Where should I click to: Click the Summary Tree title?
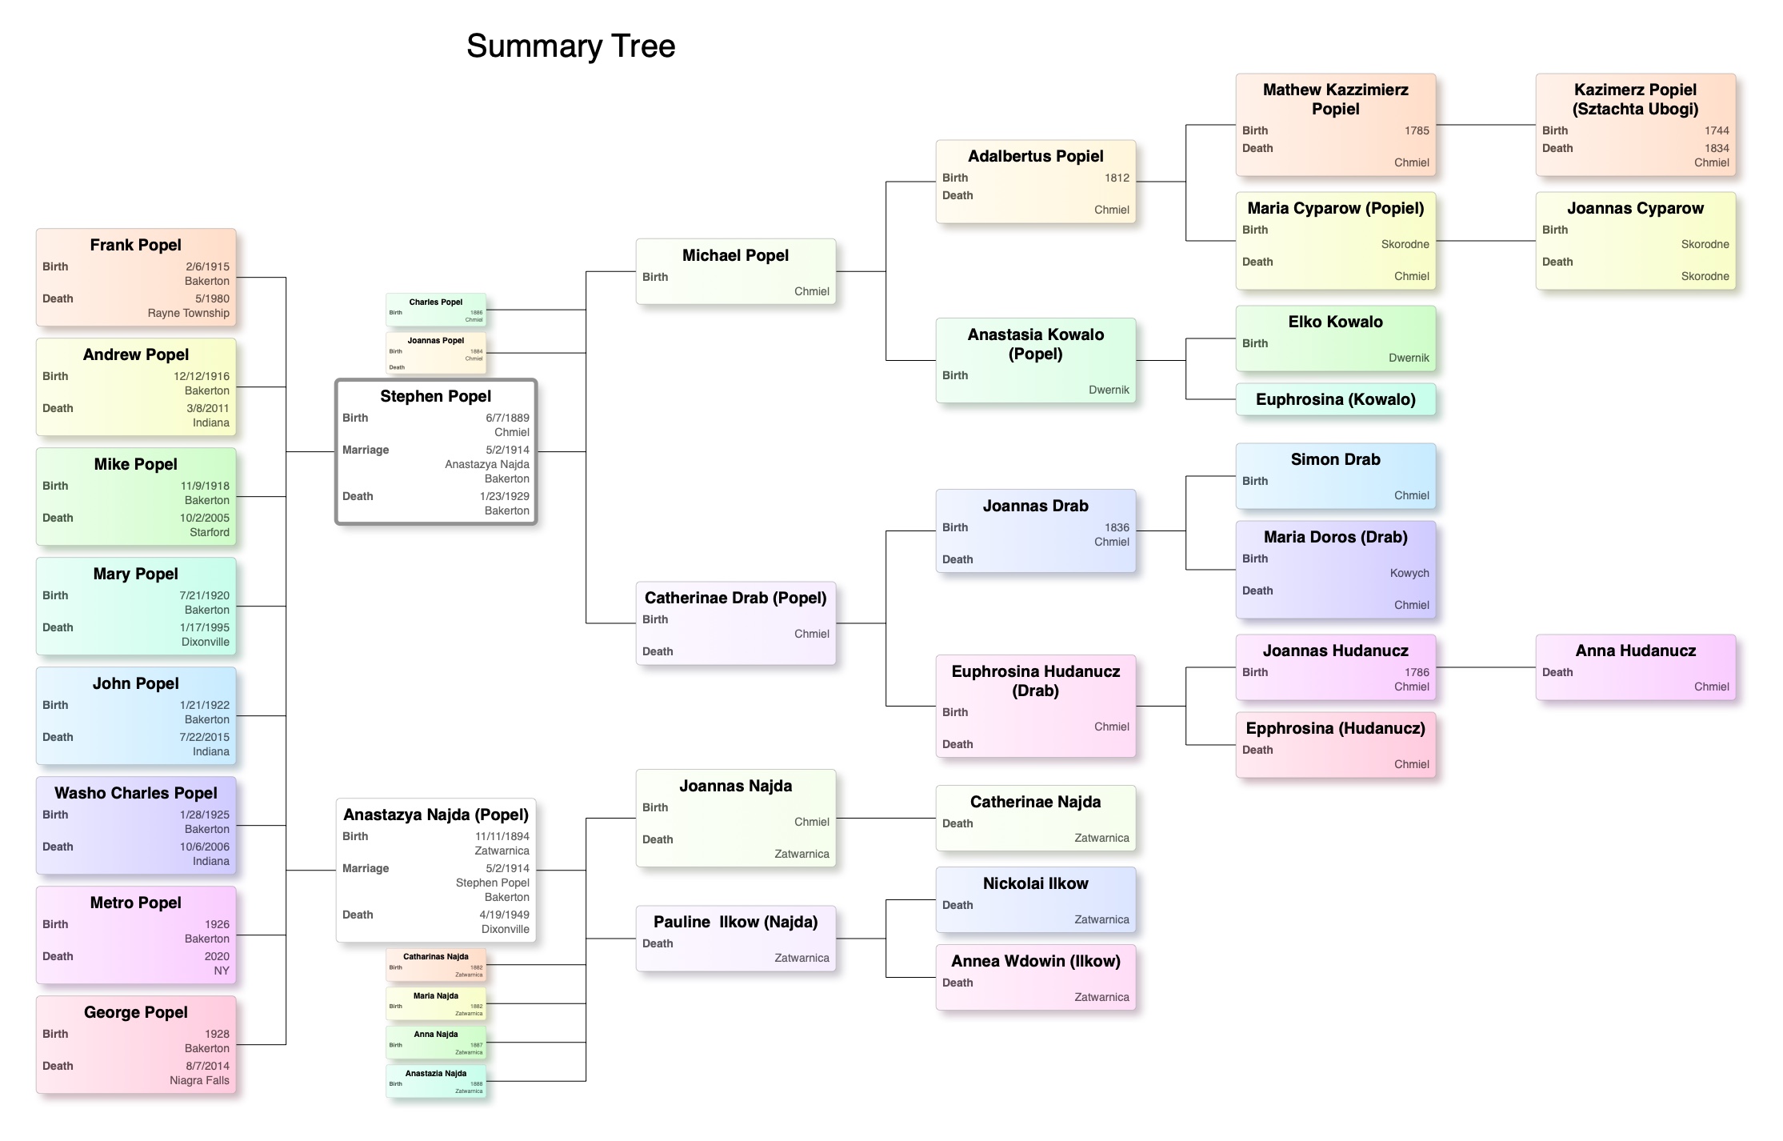click(570, 46)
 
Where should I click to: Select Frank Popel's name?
click(135, 245)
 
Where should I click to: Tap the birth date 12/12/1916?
click(202, 376)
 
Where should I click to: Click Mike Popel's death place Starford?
click(210, 532)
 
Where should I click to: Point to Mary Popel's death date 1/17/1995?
click(205, 627)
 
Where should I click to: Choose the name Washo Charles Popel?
click(135, 793)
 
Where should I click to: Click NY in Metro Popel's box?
click(222, 971)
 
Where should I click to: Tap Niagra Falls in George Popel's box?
click(199, 1080)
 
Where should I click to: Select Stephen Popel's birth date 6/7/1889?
click(507, 418)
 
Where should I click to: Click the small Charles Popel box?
click(436, 310)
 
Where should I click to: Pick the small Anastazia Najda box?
click(436, 1080)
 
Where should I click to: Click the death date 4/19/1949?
click(504, 915)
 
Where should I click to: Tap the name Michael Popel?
click(735, 255)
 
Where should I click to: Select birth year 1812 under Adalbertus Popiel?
click(1117, 178)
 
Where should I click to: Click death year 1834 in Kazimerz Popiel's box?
click(1717, 148)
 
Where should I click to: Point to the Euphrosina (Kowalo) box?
click(1335, 399)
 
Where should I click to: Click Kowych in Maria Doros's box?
click(1409, 573)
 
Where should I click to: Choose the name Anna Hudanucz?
click(1635, 651)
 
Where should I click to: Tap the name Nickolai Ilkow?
click(1035, 883)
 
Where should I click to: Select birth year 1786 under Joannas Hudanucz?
click(1417, 672)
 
